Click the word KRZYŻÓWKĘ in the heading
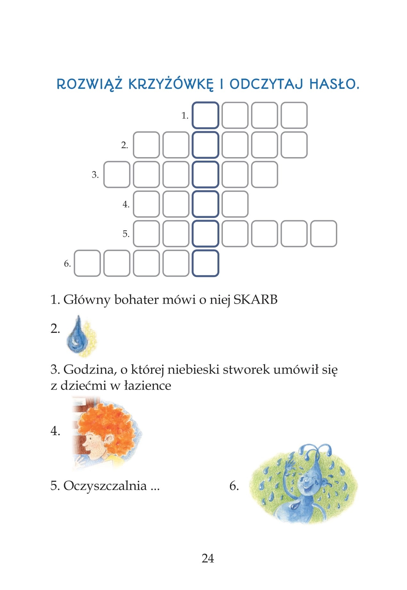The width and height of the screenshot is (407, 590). [170, 84]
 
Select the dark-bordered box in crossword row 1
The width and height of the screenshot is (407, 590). [205, 115]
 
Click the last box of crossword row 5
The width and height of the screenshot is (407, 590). [323, 233]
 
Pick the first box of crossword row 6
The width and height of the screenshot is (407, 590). [87, 263]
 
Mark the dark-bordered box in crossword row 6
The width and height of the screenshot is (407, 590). [205, 263]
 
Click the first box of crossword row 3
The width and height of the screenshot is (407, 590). [117, 174]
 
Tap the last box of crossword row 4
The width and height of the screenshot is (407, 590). [235, 204]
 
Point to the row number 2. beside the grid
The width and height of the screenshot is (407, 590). [125, 145]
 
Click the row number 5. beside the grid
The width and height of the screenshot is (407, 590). [126, 234]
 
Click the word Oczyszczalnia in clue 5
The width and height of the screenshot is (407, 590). [105, 485]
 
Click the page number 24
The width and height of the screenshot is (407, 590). [208, 558]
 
